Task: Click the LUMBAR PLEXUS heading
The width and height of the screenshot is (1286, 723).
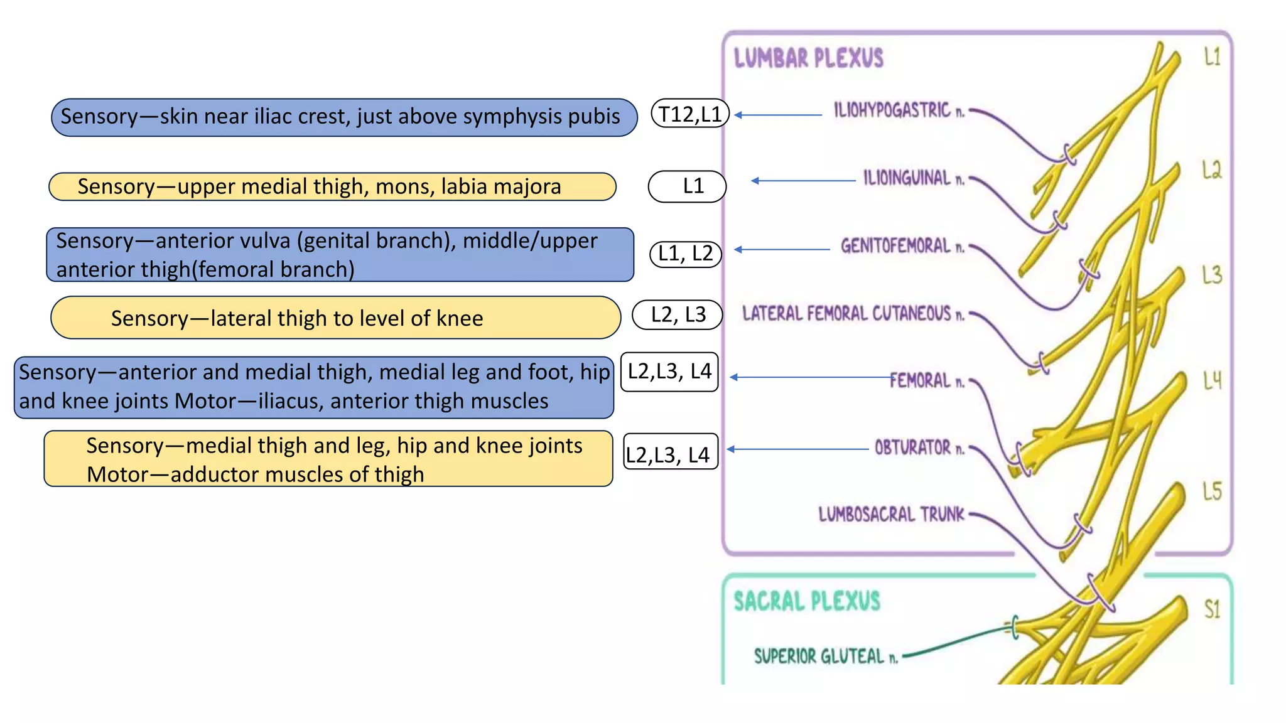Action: click(808, 58)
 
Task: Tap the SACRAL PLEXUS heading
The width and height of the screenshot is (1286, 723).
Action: click(807, 601)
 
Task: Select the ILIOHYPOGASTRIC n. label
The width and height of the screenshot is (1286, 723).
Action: click(899, 110)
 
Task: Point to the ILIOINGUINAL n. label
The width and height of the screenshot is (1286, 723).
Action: click(913, 178)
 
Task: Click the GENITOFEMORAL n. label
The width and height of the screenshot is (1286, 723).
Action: click(902, 245)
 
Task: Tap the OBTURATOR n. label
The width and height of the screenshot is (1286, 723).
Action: click(919, 447)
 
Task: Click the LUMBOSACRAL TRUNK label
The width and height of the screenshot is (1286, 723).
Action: click(891, 515)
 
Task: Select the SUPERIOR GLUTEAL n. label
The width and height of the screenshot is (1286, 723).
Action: click(826, 656)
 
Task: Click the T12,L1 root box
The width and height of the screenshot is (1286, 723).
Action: click(690, 114)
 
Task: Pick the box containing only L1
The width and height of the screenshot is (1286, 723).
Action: click(687, 186)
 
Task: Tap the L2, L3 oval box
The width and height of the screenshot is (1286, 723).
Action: click(678, 314)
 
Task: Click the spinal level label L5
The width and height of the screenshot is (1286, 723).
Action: click(1212, 491)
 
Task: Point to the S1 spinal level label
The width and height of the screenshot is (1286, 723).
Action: click(1212, 609)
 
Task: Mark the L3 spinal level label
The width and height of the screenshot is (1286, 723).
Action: click(1212, 275)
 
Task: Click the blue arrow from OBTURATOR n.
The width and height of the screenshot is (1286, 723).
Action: click(797, 449)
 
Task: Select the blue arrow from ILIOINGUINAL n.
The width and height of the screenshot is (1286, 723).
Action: click(804, 181)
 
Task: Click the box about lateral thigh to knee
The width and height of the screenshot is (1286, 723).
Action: click(335, 318)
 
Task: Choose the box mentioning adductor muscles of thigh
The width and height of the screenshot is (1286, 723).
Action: click(328, 459)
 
